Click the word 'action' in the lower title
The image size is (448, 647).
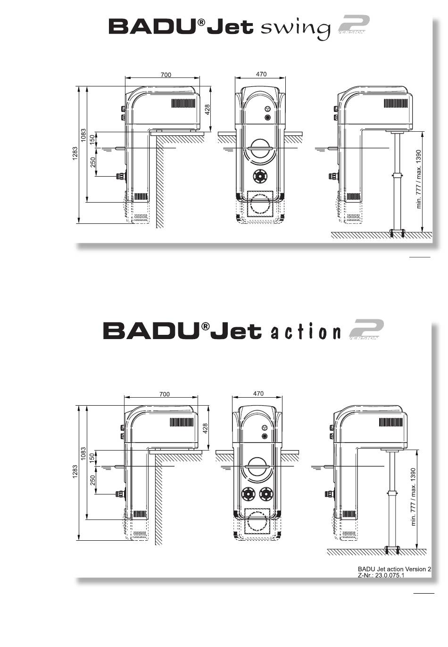pos(306,332)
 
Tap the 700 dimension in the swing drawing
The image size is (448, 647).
pos(166,75)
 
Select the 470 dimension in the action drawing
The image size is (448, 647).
pos(258,393)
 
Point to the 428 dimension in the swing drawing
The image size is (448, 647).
pos(207,110)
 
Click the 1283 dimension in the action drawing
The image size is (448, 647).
pos(75,472)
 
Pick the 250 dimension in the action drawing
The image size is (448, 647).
pos(93,480)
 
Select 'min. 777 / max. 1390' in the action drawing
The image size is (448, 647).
pos(414,497)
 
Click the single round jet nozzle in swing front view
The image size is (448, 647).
pos(260,176)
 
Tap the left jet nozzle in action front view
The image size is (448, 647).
pos(248,494)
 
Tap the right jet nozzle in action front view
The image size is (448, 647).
pos(266,494)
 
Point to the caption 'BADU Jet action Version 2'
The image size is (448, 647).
pos(394,569)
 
